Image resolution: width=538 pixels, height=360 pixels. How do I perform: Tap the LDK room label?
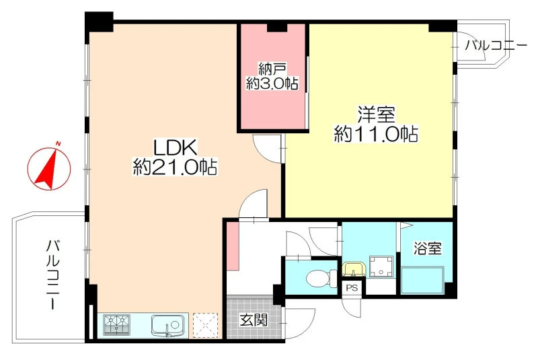176,148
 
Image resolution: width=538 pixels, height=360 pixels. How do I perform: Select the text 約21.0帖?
175,168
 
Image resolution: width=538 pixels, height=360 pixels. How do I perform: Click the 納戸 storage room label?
272,70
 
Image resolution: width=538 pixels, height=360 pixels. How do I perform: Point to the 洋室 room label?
376,115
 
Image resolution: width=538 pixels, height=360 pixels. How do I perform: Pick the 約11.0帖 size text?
376,134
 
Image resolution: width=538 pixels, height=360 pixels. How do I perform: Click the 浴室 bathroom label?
427,248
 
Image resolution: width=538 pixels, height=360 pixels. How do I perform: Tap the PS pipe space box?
352,288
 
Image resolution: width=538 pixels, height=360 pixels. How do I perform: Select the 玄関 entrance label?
254,320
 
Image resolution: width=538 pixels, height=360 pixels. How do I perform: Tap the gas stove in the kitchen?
117,324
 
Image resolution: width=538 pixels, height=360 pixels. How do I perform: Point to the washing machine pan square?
381,266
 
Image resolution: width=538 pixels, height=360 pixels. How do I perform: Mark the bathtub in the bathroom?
423,280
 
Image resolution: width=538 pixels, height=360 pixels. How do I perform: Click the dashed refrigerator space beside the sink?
206,324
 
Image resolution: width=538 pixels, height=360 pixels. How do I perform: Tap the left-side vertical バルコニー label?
53,274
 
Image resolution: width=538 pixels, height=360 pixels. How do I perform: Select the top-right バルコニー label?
496,46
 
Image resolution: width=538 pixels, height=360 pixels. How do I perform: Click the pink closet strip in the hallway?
233,246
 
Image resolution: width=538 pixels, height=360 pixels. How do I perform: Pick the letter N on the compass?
59,143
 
